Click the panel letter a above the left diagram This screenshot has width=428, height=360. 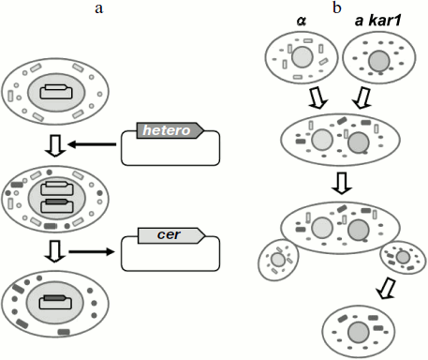coord(97,8)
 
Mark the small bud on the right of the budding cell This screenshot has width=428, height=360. coord(401,257)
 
